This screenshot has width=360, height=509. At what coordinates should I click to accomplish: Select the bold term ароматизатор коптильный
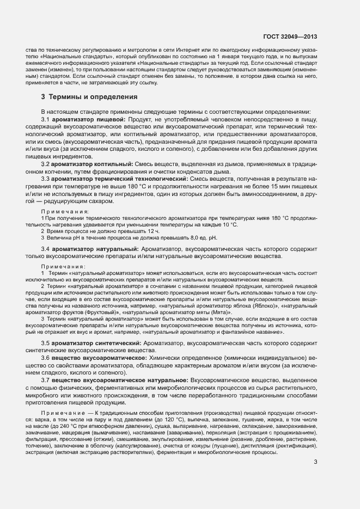point(93,164)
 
